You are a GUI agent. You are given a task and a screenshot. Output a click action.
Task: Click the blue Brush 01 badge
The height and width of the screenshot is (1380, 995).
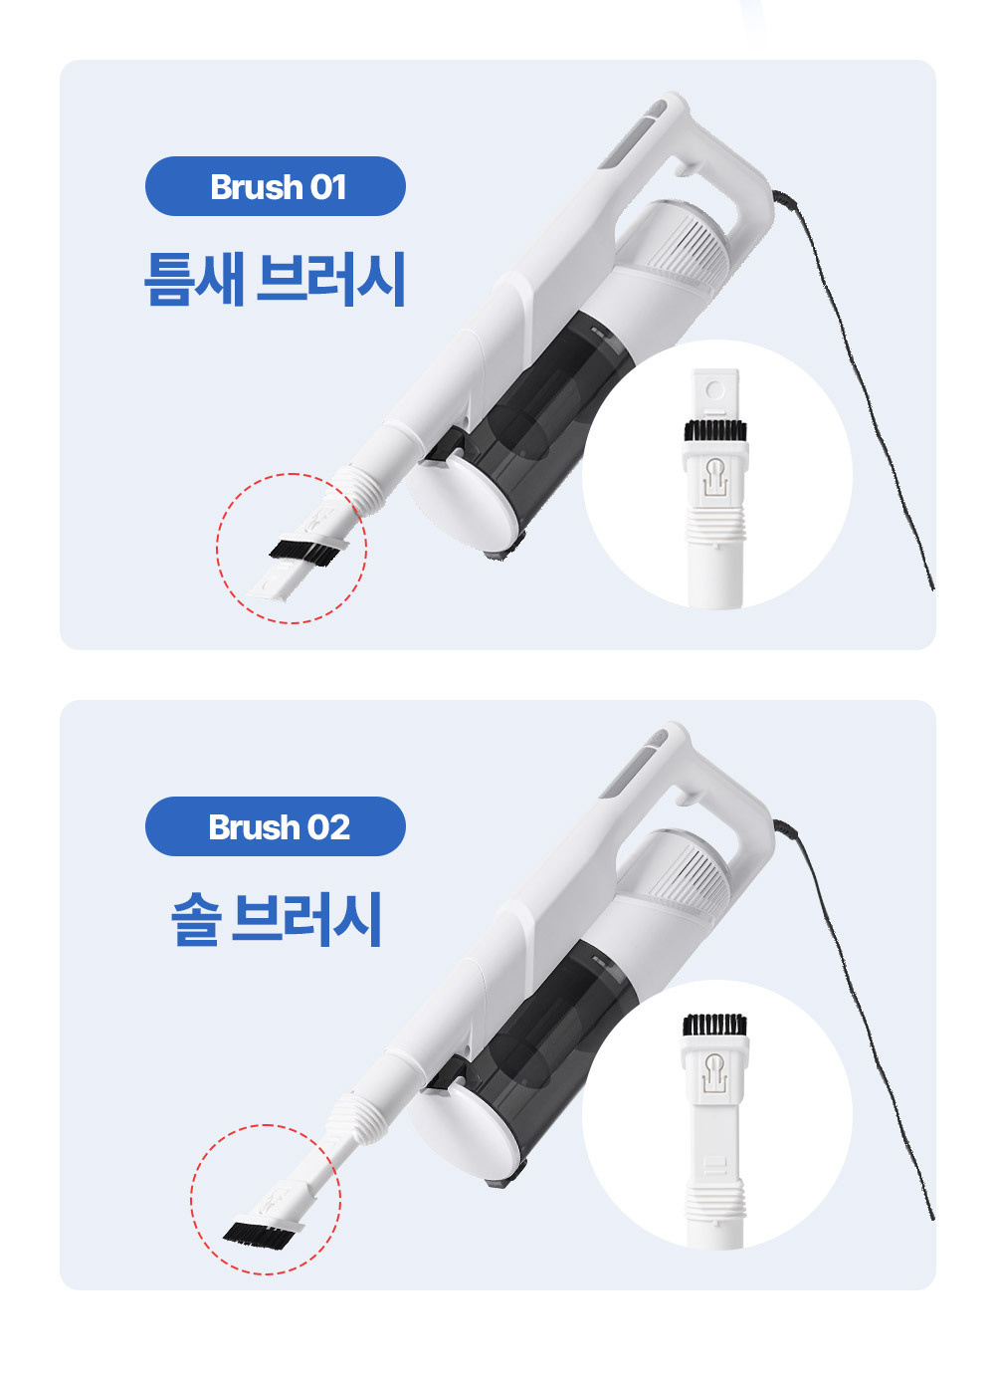click(276, 186)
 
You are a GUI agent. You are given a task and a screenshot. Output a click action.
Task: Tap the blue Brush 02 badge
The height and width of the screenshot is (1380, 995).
click(276, 826)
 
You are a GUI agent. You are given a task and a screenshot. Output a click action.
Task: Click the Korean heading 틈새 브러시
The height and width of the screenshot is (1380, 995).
click(275, 279)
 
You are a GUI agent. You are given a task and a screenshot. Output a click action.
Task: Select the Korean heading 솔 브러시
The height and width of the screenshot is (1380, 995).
click(277, 919)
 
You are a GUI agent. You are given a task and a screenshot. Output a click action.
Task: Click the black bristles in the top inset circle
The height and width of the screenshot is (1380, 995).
click(715, 430)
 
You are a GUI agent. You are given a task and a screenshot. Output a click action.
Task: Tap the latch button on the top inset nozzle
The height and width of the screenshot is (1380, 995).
click(714, 476)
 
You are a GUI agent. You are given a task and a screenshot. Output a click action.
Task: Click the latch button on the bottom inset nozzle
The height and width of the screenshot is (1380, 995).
click(714, 1072)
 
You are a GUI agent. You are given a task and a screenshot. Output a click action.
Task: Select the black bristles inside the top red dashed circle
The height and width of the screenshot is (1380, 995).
click(303, 551)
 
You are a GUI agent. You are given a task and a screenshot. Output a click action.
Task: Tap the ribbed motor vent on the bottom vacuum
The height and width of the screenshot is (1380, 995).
click(693, 873)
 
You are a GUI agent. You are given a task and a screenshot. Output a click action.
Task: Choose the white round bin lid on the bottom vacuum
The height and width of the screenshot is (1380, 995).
click(463, 1126)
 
